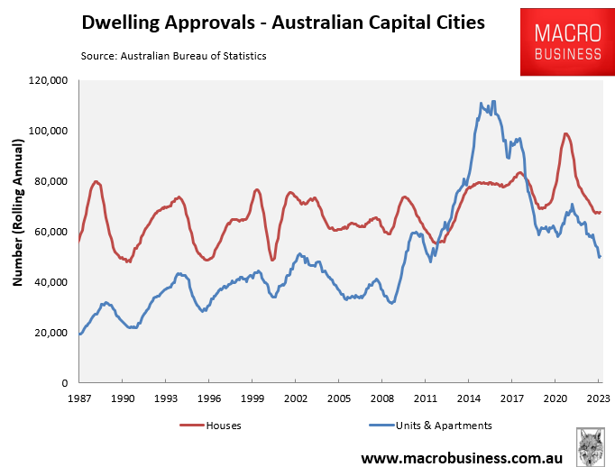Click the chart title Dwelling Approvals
coord(283,23)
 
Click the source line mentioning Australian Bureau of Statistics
coord(173,56)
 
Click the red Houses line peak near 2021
coord(565,134)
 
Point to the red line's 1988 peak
coord(96,181)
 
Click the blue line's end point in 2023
coord(600,257)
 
